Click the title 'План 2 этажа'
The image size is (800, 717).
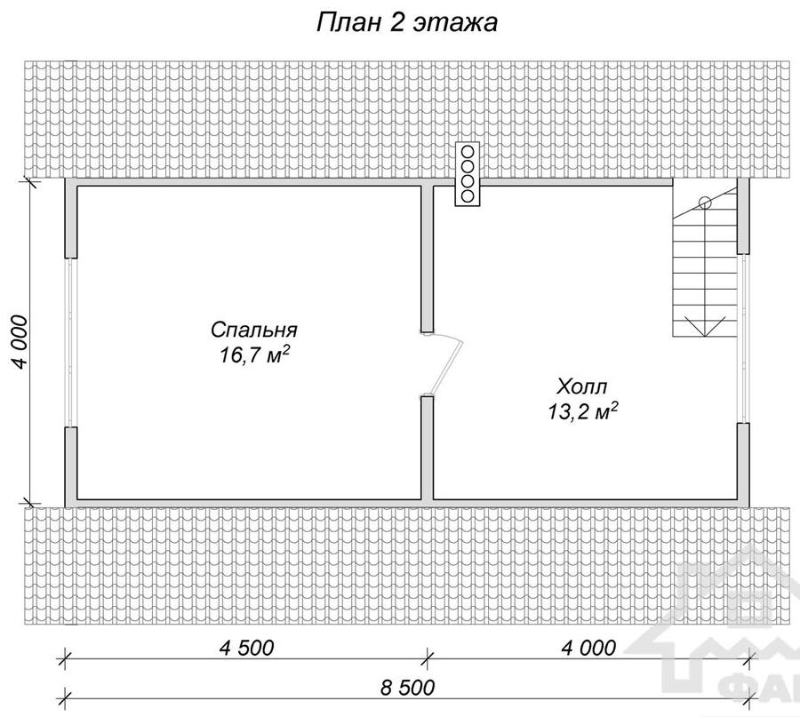(406, 23)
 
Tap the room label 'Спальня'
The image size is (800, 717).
(253, 330)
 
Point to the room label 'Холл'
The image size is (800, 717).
(582, 386)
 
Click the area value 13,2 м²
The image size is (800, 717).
(583, 411)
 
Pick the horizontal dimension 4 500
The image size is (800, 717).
(246, 648)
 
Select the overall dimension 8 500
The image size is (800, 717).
(408, 688)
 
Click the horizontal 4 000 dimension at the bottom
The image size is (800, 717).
(588, 648)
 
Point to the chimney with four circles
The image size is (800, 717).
(468, 174)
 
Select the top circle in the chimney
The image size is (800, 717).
(468, 151)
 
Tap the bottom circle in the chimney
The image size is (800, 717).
(468, 195)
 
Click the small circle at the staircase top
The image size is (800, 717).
(705, 203)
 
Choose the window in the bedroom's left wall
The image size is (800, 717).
(71, 342)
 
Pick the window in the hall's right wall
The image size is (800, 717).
(743, 338)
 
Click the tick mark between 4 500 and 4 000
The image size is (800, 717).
(427, 657)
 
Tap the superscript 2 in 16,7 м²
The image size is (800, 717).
(287, 349)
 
